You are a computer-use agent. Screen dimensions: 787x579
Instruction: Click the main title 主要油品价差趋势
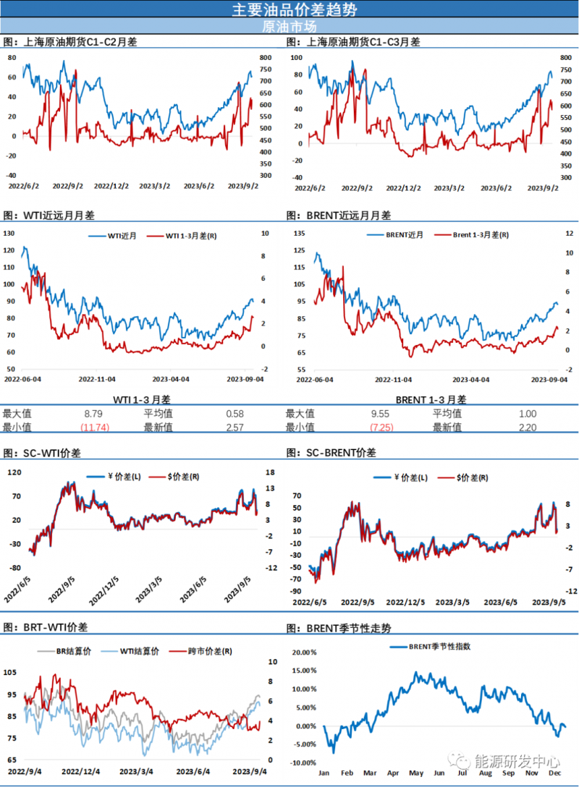pyautogui.click(x=289, y=9)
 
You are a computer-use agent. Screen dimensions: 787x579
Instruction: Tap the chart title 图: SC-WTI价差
pyautogui.click(x=43, y=452)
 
